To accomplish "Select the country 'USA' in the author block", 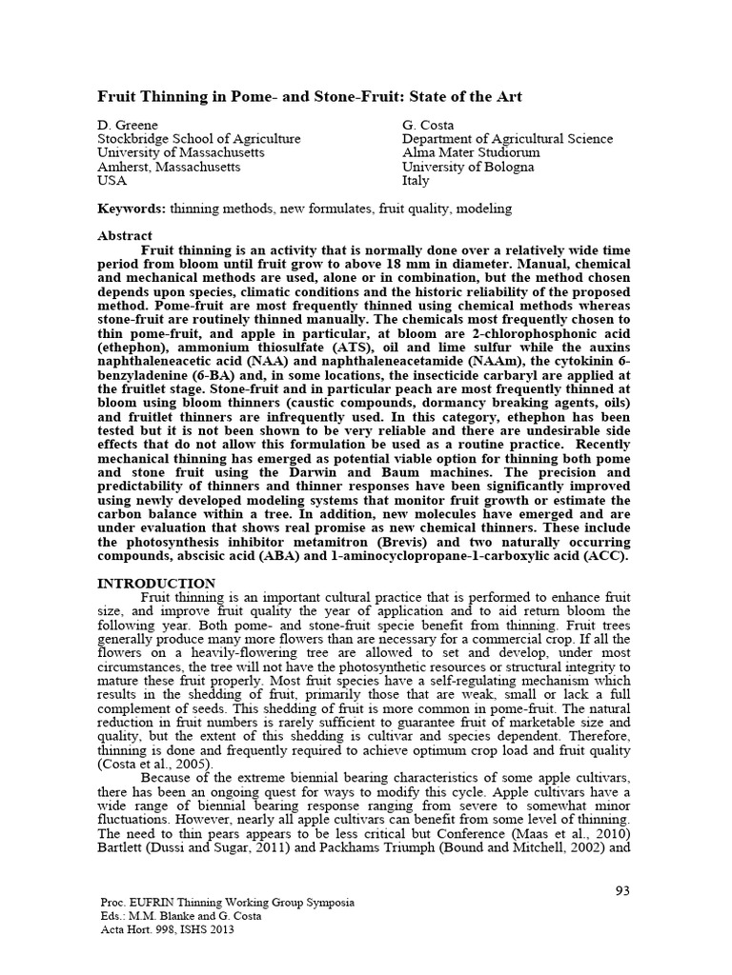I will pos(112,181).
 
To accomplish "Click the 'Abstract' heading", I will pos(125,235).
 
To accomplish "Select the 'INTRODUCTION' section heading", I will pos(157,583).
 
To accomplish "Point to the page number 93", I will pos(623,890).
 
